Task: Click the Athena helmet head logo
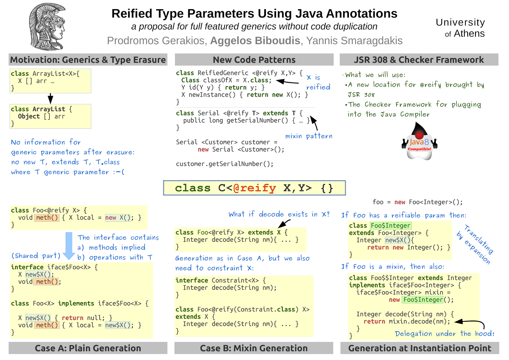coord(48,27)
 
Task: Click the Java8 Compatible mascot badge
coord(420,143)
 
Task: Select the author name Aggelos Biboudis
coord(255,41)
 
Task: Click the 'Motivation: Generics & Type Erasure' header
coord(88,60)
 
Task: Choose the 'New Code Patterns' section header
coord(254,60)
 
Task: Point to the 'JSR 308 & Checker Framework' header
coord(419,60)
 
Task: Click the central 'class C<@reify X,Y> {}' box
coord(254,188)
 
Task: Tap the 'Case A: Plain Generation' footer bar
coord(88,348)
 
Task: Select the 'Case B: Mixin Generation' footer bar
coord(254,348)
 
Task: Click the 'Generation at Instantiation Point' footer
coord(420,348)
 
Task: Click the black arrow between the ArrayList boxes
coord(50,98)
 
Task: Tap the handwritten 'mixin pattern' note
coord(309,136)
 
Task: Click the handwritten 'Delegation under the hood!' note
coord(444,334)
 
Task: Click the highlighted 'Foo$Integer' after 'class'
coord(391,225)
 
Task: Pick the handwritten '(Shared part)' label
coord(36,256)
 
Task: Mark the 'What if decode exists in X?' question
coord(279,214)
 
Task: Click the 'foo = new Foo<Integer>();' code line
coord(418,202)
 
